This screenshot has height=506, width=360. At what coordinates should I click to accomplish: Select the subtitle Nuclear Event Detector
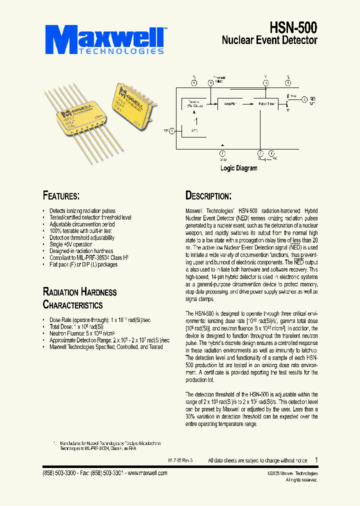pyautogui.click(x=269, y=40)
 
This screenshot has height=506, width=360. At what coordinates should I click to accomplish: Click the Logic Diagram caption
pyautogui.click(x=238, y=168)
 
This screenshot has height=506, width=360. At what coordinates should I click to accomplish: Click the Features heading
pyautogui.click(x=61, y=195)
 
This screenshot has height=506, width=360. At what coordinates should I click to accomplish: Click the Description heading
pyautogui.click(x=208, y=195)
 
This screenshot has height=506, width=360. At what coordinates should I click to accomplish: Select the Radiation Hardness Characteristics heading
pyautogui.click(x=79, y=298)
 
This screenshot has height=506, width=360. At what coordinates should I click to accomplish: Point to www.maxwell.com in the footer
pyautogui.click(x=147, y=473)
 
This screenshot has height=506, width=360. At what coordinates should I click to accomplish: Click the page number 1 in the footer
pyautogui.click(x=315, y=460)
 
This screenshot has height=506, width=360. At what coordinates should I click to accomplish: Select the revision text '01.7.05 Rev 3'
pyautogui.click(x=179, y=460)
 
